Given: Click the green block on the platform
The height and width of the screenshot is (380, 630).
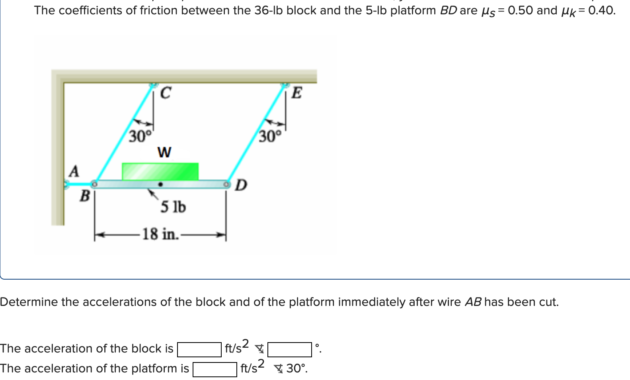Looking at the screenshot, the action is point(160,171).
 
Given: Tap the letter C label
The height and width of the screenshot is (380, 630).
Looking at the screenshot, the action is point(166,93).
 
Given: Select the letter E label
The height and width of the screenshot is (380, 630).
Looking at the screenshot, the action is point(297,93).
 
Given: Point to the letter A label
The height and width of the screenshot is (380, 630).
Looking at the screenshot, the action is point(74,171).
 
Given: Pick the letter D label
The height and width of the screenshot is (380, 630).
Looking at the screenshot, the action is point(241,185).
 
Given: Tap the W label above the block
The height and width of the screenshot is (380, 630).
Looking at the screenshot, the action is point(164,152).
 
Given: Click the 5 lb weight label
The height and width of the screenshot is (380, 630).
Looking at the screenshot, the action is point(173,207).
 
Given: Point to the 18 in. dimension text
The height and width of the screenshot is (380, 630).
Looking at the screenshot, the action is point(160,234).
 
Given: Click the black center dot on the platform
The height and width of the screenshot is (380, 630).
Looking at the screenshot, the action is point(160,184).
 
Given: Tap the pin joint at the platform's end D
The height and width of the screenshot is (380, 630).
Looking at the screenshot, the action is point(226,184).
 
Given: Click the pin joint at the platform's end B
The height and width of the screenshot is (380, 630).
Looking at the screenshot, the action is point(94,184).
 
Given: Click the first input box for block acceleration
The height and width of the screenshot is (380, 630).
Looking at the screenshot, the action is point(199,349).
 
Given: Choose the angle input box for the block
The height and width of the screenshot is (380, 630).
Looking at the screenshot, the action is point(290,349).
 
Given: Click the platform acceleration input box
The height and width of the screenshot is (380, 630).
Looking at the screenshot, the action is point(215,369).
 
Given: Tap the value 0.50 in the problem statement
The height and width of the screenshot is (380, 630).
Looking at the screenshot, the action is point(520,10).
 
